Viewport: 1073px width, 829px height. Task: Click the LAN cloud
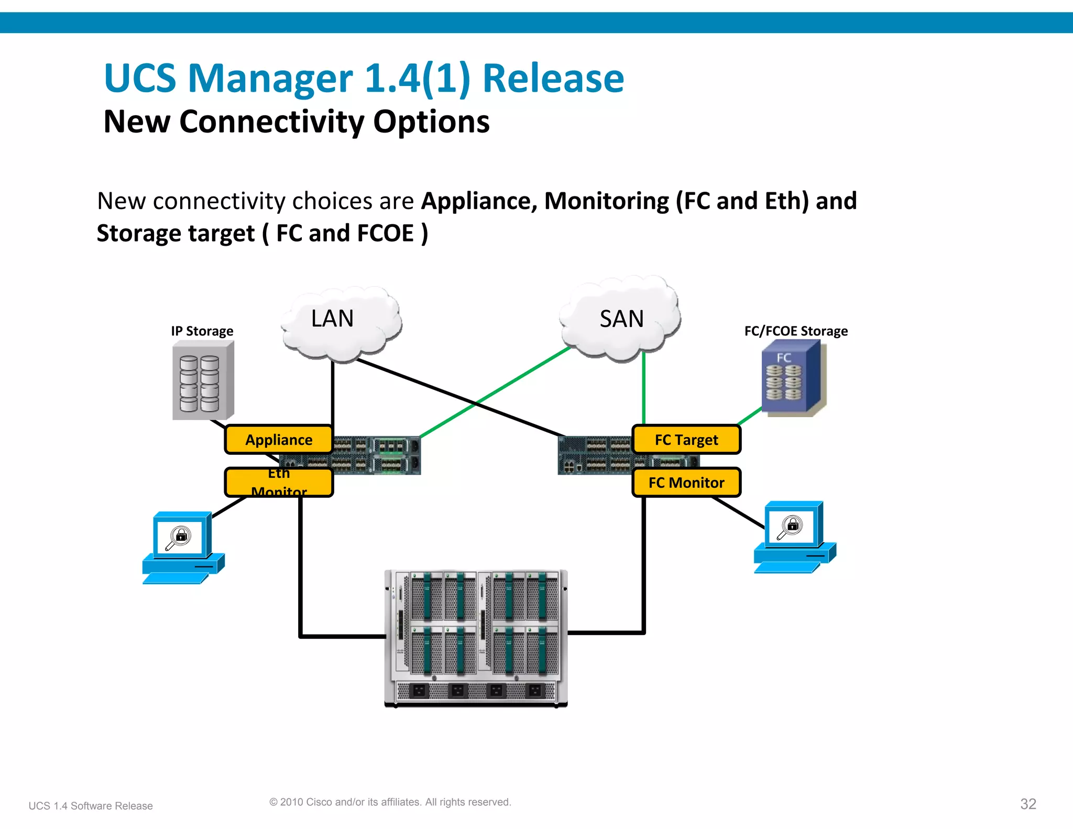click(341, 323)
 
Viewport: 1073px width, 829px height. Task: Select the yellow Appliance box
click(279, 440)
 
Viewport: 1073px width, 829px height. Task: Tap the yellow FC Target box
click(686, 440)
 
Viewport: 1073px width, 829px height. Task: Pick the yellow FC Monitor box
click(686, 483)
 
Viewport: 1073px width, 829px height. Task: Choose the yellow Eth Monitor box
click(279, 483)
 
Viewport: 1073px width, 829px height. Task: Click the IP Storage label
click(202, 331)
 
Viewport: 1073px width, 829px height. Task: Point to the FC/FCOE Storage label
click(795, 331)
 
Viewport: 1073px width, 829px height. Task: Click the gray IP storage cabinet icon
click(203, 381)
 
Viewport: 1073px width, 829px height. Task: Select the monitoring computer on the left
click(182, 548)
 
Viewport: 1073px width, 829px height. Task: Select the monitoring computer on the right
click(794, 537)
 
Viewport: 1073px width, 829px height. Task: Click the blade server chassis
click(476, 638)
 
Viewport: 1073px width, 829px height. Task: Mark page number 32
click(1028, 804)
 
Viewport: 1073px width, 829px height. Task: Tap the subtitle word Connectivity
click(271, 122)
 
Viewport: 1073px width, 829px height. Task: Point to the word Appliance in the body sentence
click(479, 201)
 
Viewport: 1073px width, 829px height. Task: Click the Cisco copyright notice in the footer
click(390, 802)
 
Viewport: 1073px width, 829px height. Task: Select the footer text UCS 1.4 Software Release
click(91, 806)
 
